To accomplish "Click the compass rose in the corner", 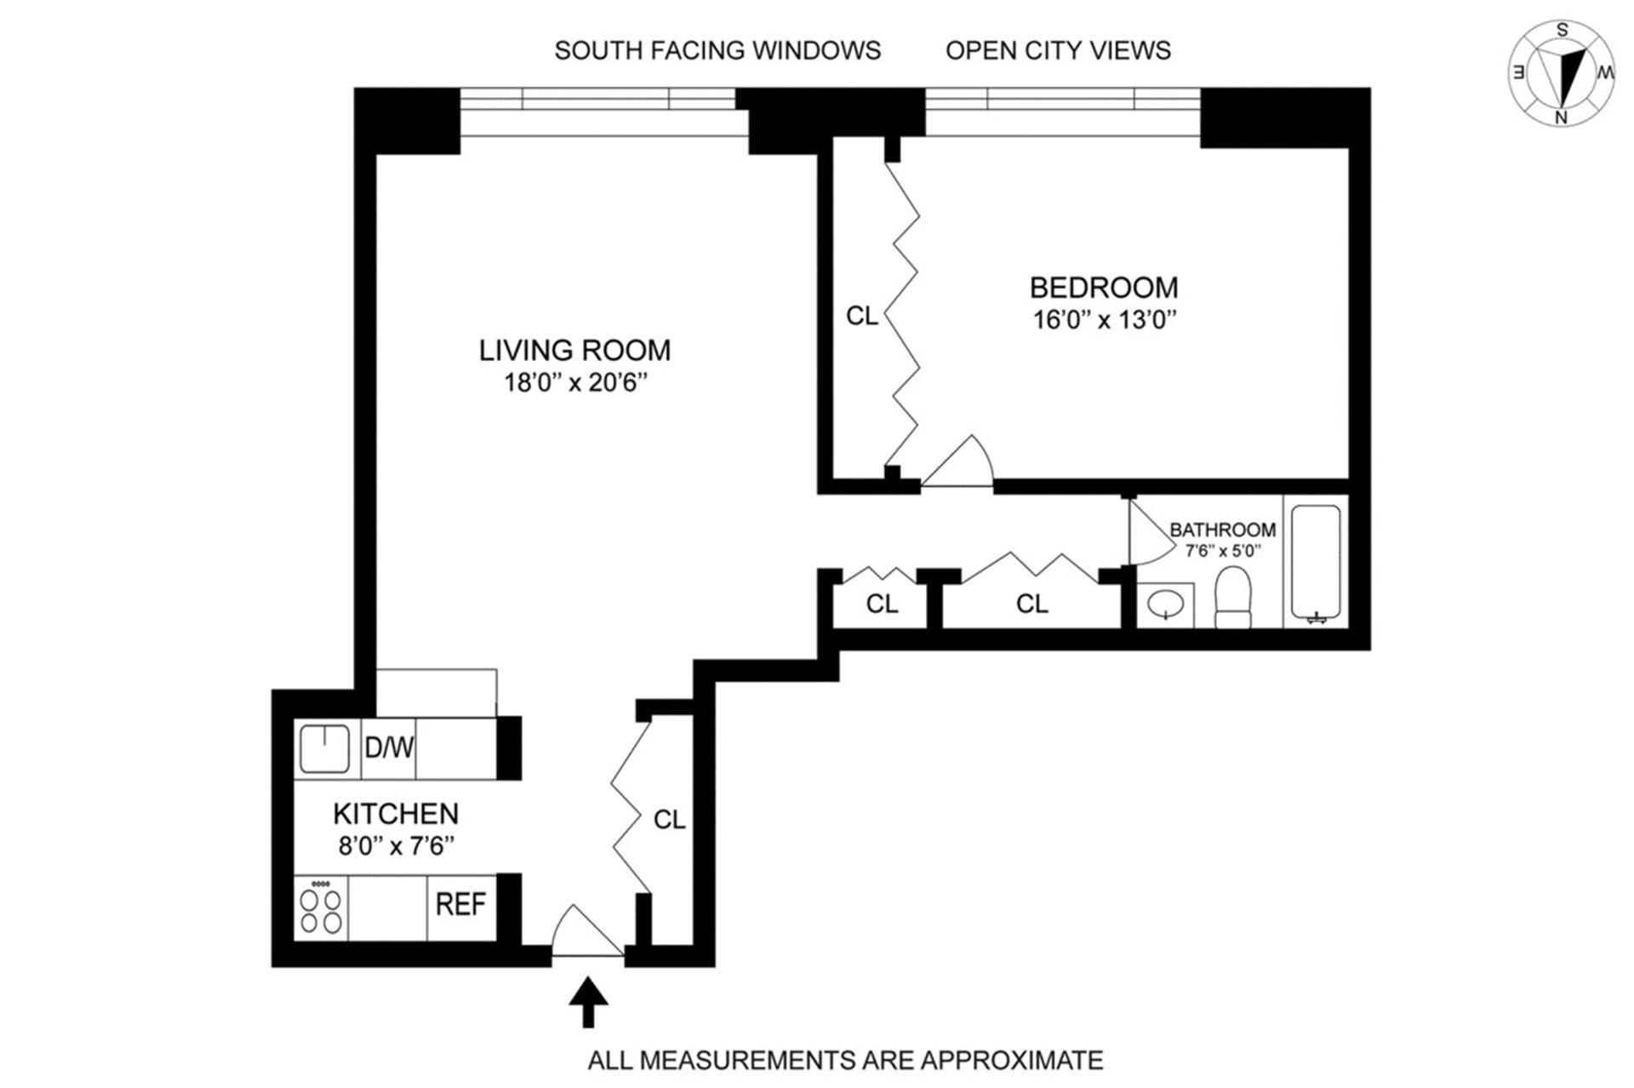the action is pyautogui.click(x=1561, y=73).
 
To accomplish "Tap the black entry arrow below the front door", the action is pyautogui.click(x=588, y=1002).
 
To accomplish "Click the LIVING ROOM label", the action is pyautogui.click(x=574, y=350).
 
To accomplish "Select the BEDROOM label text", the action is pyautogui.click(x=1104, y=288).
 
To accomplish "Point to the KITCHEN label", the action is pyautogui.click(x=396, y=814).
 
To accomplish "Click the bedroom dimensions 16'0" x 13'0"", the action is pyautogui.click(x=1105, y=320).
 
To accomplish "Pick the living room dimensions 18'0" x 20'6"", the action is pyautogui.click(x=575, y=383).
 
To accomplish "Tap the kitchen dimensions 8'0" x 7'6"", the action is pyautogui.click(x=397, y=846).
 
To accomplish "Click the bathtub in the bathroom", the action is pyautogui.click(x=1316, y=564).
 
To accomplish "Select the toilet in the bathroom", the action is pyautogui.click(x=1233, y=598).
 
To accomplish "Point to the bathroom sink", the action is pyautogui.click(x=1165, y=605).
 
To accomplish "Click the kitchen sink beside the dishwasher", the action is pyautogui.click(x=323, y=749).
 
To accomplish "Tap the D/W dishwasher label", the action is pyautogui.click(x=389, y=748).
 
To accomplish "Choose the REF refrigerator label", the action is pyautogui.click(x=460, y=904).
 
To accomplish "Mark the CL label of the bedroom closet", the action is pyautogui.click(x=861, y=317).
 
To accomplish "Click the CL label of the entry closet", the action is pyautogui.click(x=669, y=820).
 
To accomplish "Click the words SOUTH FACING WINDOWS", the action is pyautogui.click(x=717, y=51).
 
